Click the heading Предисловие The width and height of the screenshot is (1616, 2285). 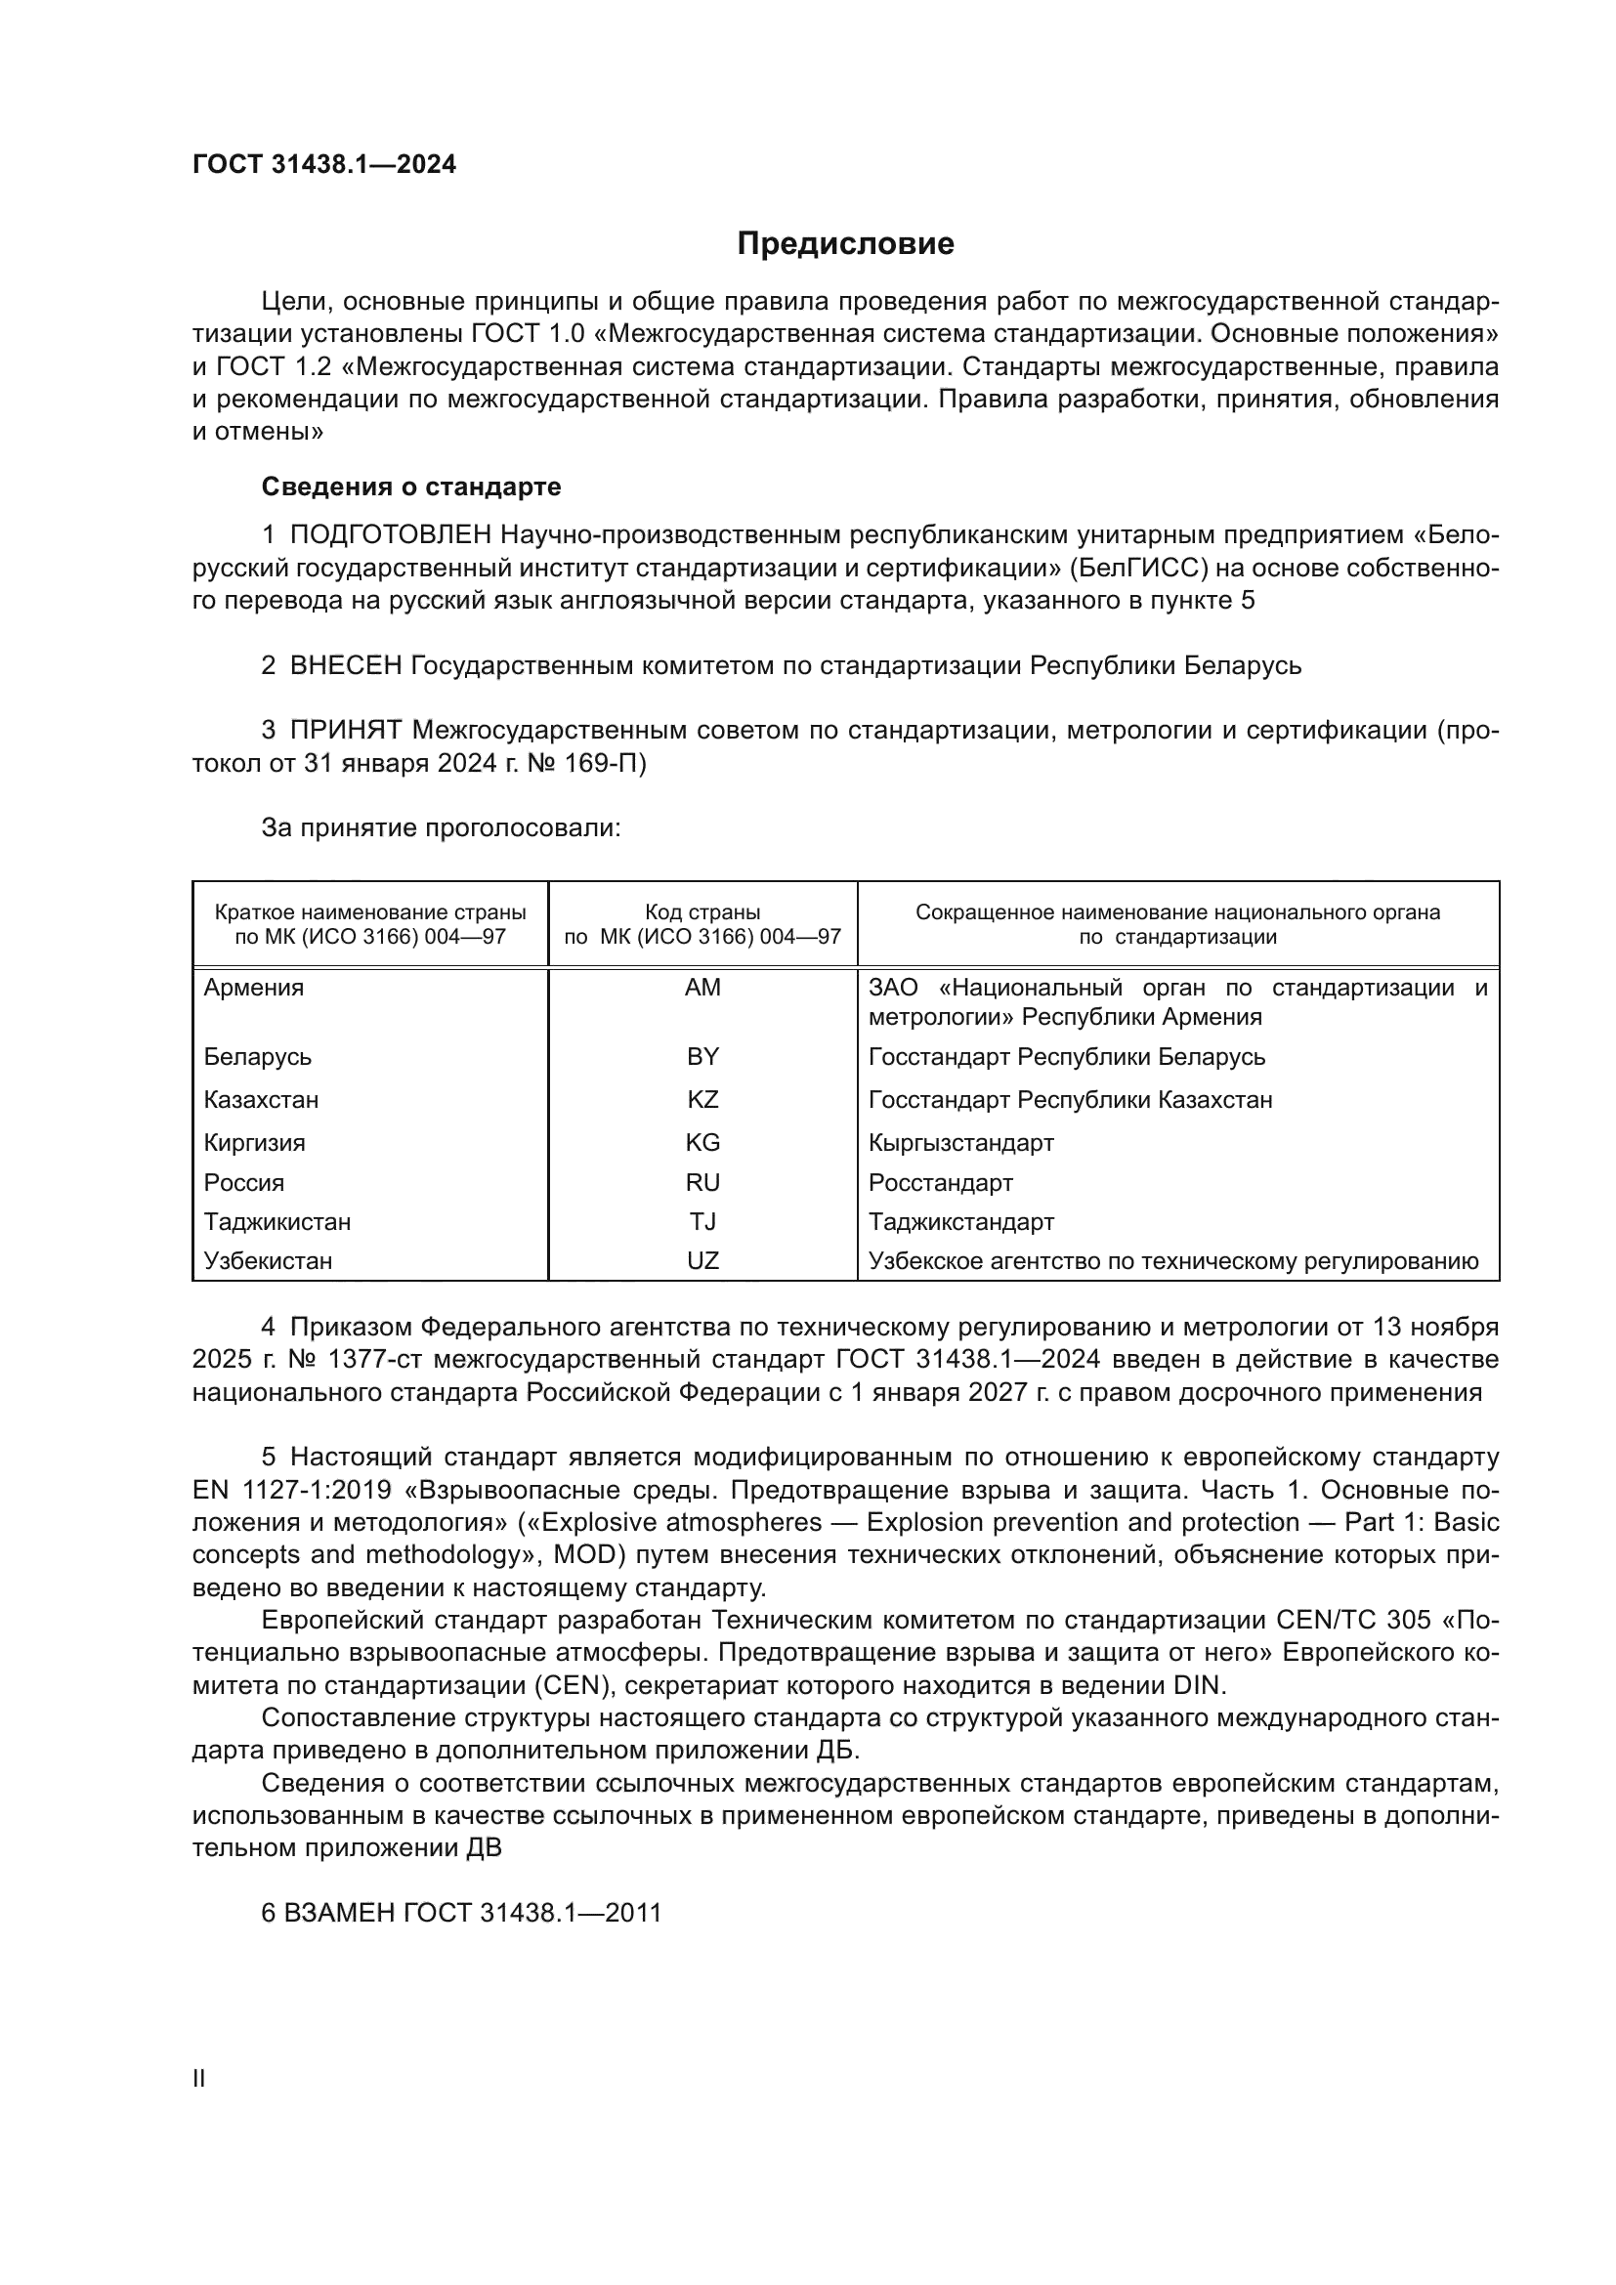845,244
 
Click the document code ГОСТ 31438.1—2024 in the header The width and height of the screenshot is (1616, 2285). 324,165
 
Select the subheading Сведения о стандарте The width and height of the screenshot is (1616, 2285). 411,487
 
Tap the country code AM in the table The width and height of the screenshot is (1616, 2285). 702,988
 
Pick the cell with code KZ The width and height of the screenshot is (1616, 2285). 702,1100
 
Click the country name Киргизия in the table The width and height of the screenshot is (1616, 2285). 255,1143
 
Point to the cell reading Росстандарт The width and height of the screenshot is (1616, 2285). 940,1182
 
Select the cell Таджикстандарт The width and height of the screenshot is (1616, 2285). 961,1221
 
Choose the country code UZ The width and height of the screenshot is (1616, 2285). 702,1261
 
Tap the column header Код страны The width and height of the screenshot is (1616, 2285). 702,912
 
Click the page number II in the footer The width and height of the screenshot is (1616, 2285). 199,2079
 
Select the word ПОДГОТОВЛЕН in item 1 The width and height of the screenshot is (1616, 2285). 391,535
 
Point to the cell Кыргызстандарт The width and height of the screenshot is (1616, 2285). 961,1143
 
